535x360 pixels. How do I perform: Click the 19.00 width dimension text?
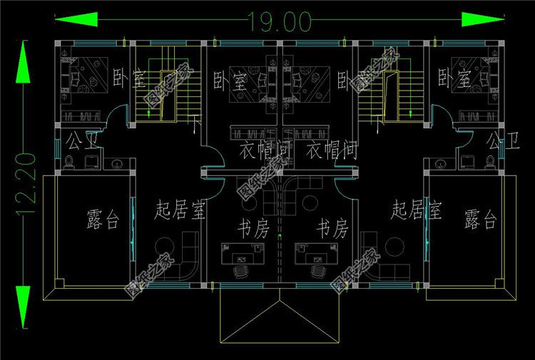point(280,22)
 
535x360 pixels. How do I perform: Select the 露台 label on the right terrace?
point(479,219)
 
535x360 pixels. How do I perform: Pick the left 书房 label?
point(252,229)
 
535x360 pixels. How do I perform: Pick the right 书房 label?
point(332,229)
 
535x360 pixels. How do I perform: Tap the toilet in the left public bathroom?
point(69,163)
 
